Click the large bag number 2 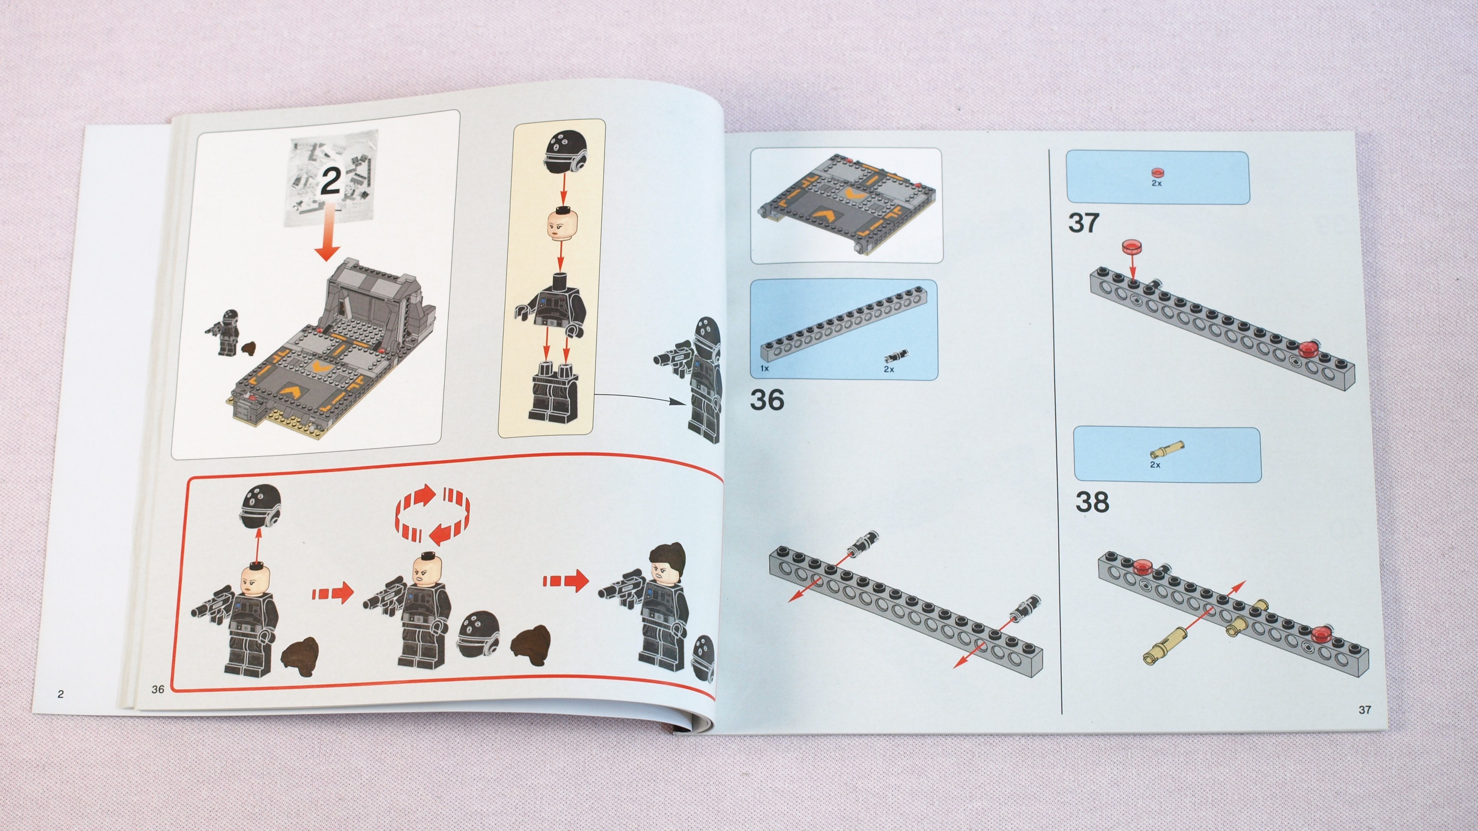pyautogui.click(x=330, y=181)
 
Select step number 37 pyautogui.click(x=1084, y=222)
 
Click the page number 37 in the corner pyautogui.click(x=1365, y=710)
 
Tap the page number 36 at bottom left pyautogui.click(x=158, y=689)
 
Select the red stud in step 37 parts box pyautogui.click(x=1157, y=172)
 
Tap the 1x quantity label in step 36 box pyautogui.click(x=765, y=368)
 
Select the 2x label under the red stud pyautogui.click(x=1156, y=183)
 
